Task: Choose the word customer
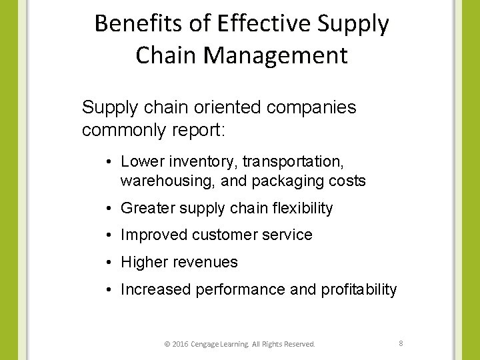(223, 235)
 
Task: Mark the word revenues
(206, 263)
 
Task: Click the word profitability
(361, 290)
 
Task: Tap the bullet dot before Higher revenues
(108, 263)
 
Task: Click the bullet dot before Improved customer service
(108, 235)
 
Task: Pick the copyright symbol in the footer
(166, 344)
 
